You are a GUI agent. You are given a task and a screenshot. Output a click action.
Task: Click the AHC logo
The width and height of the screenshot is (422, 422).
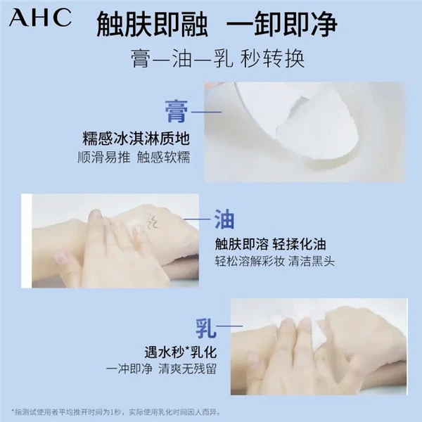point(40,18)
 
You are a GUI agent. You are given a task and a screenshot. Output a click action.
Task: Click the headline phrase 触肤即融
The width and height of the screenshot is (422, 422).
point(153,25)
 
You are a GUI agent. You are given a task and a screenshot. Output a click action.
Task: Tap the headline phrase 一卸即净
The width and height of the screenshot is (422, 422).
point(282,25)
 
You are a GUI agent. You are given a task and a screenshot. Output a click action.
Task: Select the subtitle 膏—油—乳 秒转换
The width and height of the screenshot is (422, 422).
point(218,58)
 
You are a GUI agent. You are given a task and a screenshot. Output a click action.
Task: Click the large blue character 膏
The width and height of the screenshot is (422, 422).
point(177,111)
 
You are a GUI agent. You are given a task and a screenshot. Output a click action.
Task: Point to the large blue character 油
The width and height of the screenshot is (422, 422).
point(224,219)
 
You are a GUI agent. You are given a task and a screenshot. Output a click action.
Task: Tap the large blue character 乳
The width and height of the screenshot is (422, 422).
point(206,328)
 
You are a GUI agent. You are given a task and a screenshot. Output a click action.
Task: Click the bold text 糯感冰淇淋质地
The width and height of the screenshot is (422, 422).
point(136,139)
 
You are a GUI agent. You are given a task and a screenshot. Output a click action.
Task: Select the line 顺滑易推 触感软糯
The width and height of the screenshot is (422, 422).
point(134,158)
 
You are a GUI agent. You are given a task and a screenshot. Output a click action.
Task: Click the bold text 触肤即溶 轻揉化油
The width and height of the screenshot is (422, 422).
point(270,245)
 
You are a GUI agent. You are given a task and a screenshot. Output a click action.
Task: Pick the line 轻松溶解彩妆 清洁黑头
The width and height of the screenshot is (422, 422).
point(274,262)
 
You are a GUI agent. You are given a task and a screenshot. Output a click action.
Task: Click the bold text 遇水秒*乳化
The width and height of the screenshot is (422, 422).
point(181,352)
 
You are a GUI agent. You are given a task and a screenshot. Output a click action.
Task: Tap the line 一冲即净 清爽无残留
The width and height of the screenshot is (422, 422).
point(161,369)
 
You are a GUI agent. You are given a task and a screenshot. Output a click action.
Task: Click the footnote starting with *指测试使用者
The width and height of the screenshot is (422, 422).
point(116,412)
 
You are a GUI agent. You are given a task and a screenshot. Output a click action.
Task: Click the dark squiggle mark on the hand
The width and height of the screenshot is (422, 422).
point(152,220)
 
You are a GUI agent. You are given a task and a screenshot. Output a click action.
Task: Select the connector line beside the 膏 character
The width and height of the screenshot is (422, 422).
point(206,112)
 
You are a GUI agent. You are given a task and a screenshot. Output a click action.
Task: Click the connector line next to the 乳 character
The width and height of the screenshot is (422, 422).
point(229,326)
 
